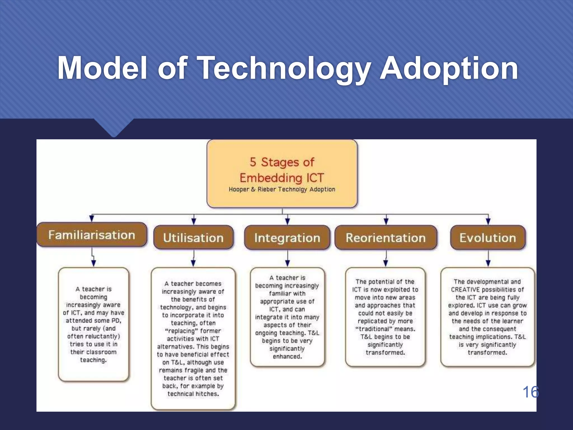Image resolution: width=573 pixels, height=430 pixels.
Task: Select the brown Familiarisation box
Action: point(92,235)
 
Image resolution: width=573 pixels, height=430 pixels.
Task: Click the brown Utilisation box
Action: point(193,238)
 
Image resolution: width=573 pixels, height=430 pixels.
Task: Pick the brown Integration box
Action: point(287,238)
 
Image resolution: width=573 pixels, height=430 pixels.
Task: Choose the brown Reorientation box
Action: point(386,238)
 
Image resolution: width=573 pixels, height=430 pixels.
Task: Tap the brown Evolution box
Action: point(488,238)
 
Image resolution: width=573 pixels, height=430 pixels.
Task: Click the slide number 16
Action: point(530,392)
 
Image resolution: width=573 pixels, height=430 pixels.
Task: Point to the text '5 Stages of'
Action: point(282,162)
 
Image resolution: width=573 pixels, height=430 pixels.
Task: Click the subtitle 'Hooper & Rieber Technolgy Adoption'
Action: point(282,189)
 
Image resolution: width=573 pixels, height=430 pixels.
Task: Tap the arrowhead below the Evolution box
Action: point(488,263)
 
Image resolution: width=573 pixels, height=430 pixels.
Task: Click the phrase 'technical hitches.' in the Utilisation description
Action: point(193,394)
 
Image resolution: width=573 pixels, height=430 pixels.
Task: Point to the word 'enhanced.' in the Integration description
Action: point(287,357)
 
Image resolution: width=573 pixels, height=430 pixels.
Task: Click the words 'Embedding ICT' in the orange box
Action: point(282,178)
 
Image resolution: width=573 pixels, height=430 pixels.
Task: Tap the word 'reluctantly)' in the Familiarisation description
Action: point(102,336)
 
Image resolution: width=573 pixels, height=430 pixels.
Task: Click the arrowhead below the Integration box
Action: point(287,263)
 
